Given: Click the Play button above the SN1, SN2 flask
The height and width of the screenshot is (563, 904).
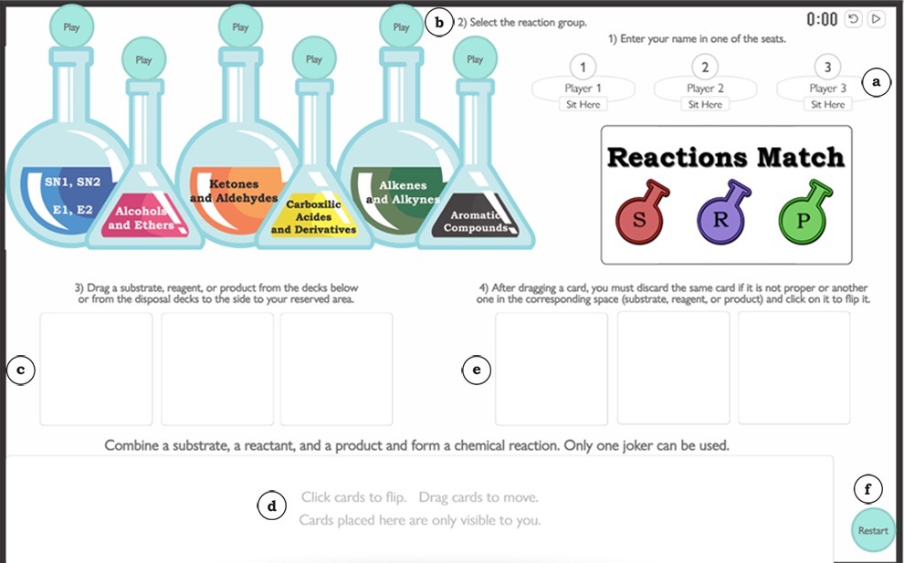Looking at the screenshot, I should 71,26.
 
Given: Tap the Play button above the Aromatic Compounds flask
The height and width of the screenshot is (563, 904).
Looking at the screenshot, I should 475,59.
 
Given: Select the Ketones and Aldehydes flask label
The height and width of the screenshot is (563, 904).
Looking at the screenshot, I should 234,191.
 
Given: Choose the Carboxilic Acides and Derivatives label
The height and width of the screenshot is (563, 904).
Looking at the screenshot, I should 313,217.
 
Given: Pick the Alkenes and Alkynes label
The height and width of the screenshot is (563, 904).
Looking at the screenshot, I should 403,193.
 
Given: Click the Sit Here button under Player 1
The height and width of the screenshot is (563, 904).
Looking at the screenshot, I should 583,104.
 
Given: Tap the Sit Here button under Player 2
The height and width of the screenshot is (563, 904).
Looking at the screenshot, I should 705,104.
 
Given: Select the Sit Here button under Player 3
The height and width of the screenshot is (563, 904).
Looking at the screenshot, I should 827,104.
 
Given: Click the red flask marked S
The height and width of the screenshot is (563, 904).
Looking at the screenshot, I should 640,215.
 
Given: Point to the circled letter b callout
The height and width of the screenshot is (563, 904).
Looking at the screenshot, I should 439,22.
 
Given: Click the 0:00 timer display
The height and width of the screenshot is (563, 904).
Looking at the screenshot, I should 822,19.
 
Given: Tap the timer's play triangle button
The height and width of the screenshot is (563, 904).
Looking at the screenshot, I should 876,18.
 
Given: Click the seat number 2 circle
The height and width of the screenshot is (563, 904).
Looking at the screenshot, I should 705,67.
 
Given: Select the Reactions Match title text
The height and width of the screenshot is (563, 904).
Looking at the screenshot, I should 726,157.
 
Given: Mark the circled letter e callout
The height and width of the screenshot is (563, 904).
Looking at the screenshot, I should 477,370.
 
